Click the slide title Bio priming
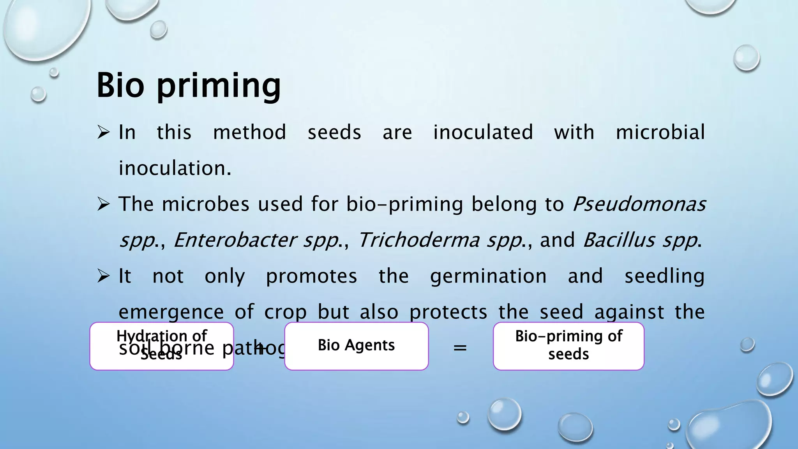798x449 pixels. coord(188,85)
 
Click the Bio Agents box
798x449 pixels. coord(356,346)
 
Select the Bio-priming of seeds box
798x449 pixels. coord(568,346)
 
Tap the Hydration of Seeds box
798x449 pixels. coord(162,346)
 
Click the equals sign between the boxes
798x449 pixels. coord(460,347)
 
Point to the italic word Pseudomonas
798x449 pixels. coord(639,204)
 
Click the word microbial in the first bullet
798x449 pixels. coord(660,132)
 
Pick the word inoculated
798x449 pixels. coord(483,132)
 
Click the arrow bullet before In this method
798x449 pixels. coord(103,133)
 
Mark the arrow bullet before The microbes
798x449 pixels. coord(103,204)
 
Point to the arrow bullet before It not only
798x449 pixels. coord(103,276)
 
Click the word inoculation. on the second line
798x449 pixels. coord(175,168)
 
